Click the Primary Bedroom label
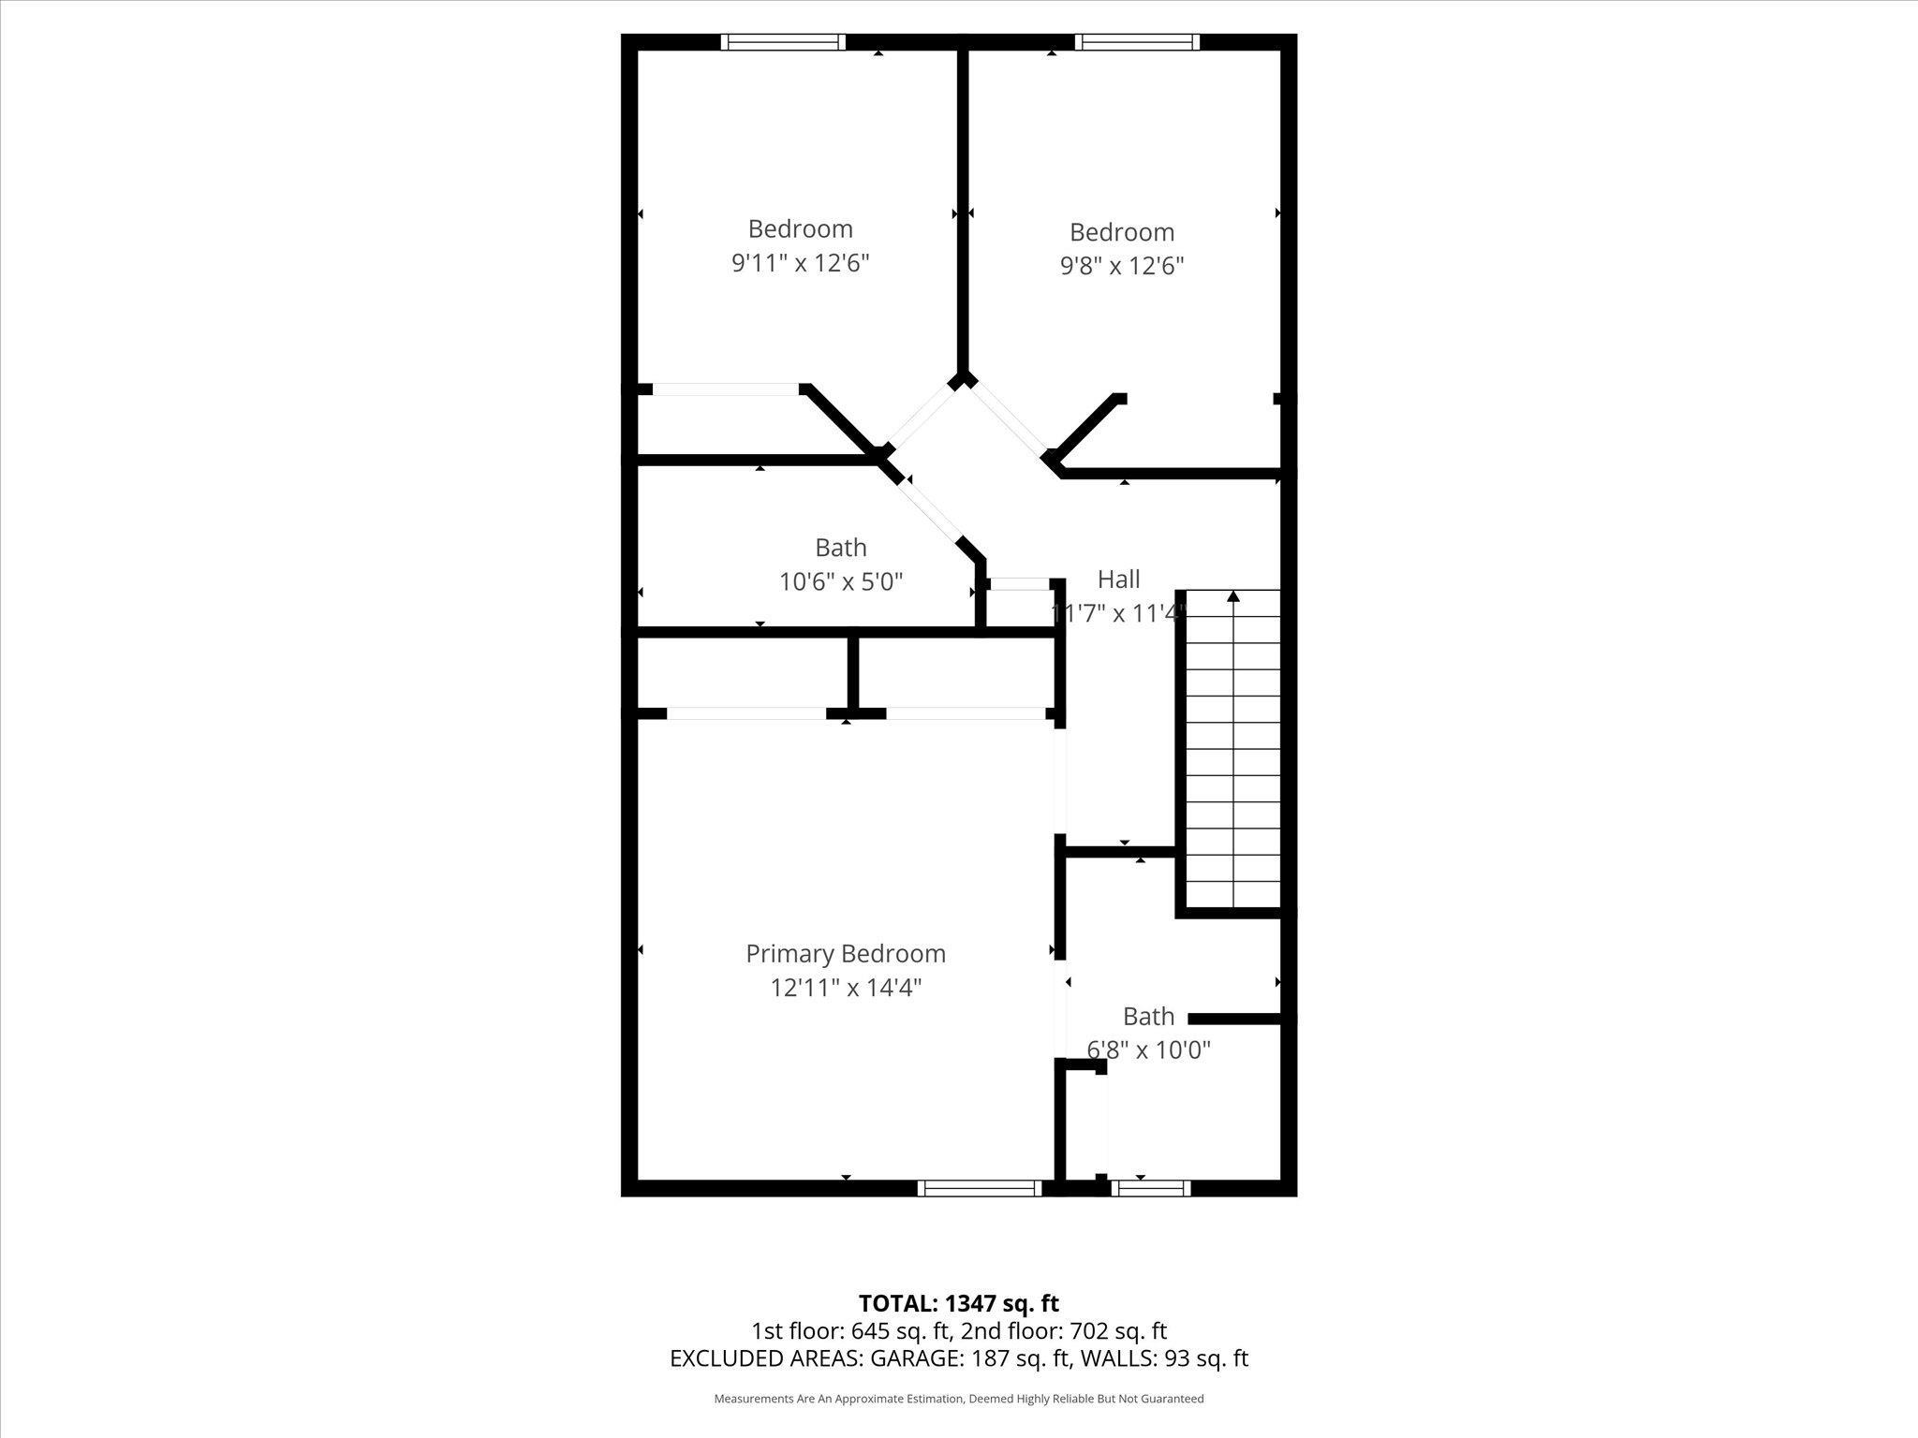tap(845, 953)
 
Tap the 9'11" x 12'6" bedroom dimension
tap(800, 263)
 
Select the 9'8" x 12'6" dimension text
tap(1121, 266)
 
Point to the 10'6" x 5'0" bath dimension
tap(840, 582)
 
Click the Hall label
tap(1118, 579)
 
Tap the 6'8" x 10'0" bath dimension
tap(1148, 1049)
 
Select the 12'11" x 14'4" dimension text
tap(846, 988)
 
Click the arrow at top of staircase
tap(1232, 596)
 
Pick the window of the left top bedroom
tap(783, 42)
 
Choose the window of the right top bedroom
tap(1136, 42)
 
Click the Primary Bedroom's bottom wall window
tap(979, 1188)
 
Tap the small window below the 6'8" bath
tap(1151, 1188)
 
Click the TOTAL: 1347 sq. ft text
tap(958, 1303)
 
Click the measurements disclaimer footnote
tap(958, 1399)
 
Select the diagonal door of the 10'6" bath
tap(932, 511)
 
